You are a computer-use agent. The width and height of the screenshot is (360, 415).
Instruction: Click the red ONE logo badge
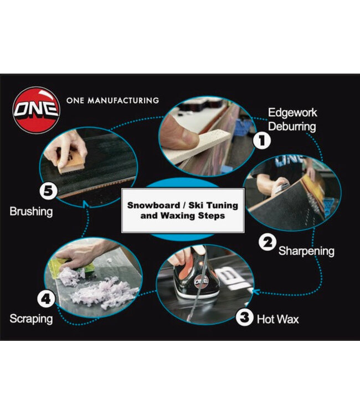37,110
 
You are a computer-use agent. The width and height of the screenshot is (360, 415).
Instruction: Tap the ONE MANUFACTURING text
112,101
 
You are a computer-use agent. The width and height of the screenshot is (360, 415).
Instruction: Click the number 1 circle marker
262,140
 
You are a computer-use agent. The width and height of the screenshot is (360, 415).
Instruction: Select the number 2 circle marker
268,242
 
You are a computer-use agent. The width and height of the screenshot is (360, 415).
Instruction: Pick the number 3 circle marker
245,317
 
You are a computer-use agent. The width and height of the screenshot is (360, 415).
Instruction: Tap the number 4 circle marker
46,299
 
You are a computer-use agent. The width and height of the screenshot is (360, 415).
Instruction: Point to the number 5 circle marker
49,190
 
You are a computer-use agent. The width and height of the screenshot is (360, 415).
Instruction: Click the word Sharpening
306,251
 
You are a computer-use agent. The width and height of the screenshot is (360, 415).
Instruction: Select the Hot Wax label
277,319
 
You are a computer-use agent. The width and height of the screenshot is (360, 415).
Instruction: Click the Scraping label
31,319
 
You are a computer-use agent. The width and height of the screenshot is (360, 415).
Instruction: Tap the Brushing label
31,211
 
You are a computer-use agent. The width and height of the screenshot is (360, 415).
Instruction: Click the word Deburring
292,127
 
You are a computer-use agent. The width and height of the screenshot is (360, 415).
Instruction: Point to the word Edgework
292,113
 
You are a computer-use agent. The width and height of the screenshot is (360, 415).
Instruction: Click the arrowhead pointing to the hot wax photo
255,292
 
